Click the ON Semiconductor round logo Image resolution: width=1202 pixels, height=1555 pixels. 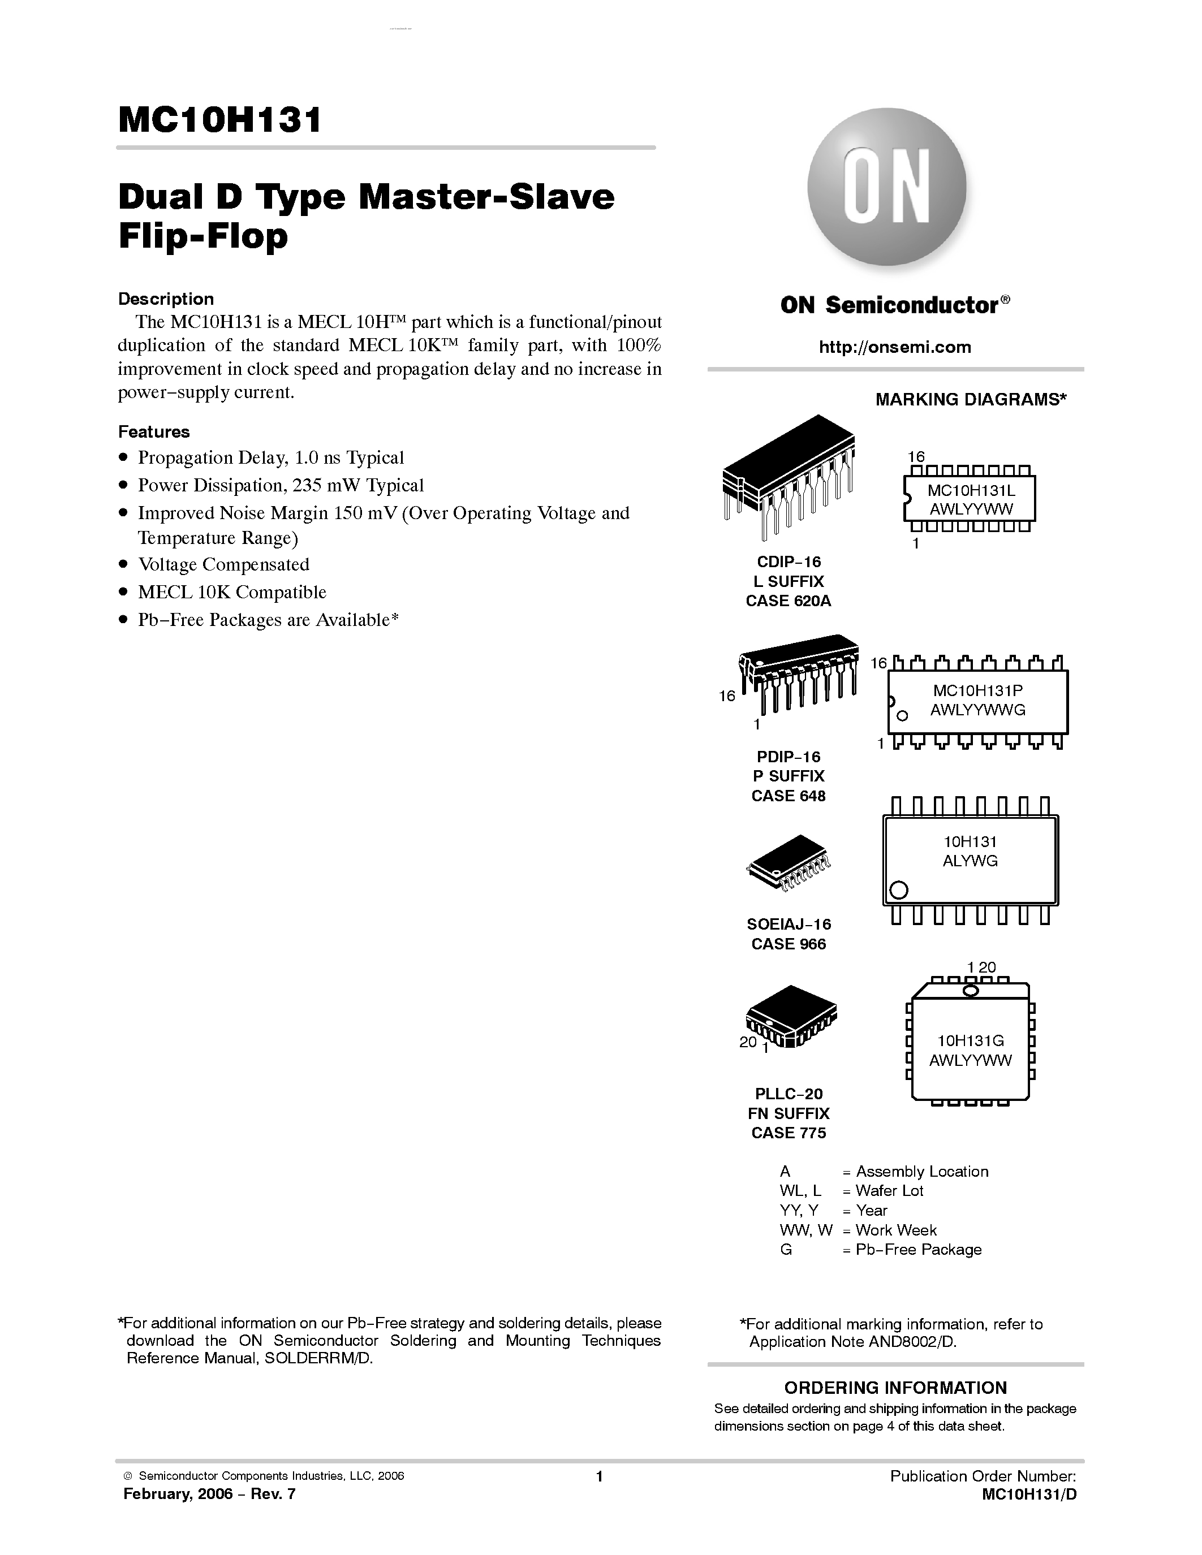point(886,187)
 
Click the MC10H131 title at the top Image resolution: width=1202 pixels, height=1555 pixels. point(219,120)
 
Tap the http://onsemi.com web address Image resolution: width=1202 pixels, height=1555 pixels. point(894,347)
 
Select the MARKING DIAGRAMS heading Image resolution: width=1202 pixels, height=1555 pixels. point(970,399)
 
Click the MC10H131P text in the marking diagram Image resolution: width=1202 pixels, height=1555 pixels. point(977,690)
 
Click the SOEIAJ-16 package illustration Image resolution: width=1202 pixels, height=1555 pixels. point(789,863)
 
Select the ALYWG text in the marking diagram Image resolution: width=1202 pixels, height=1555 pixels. point(970,861)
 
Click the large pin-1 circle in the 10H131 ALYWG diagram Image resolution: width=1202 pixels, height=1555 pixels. point(899,890)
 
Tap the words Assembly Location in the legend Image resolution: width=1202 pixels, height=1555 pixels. point(922,1171)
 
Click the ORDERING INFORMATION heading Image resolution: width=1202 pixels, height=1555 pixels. point(895,1388)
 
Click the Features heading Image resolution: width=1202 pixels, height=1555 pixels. point(154,432)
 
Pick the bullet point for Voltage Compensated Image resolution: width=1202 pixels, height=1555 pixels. point(124,565)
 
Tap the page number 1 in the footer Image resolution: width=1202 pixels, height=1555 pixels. point(600,1476)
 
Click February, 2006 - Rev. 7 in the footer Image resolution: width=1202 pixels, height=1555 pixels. point(209,1494)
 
